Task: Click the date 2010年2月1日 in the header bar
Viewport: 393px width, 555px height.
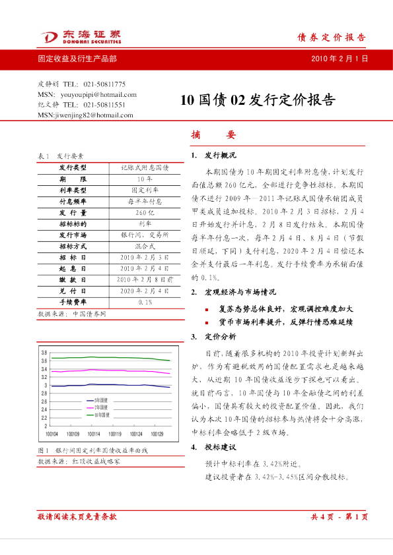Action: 339,59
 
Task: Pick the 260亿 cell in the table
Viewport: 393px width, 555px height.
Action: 144,214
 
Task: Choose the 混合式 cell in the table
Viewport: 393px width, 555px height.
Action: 144,246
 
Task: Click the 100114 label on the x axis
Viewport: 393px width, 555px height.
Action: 94,434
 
